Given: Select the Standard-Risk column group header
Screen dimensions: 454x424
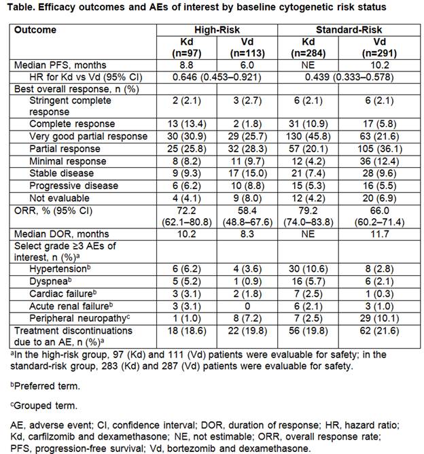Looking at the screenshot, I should [x=349, y=30].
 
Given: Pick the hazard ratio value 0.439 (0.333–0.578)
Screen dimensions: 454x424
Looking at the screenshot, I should [x=349, y=77].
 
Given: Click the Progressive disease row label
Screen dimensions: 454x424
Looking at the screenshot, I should [x=73, y=186].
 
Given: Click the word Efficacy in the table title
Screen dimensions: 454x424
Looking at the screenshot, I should [x=58, y=7].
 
